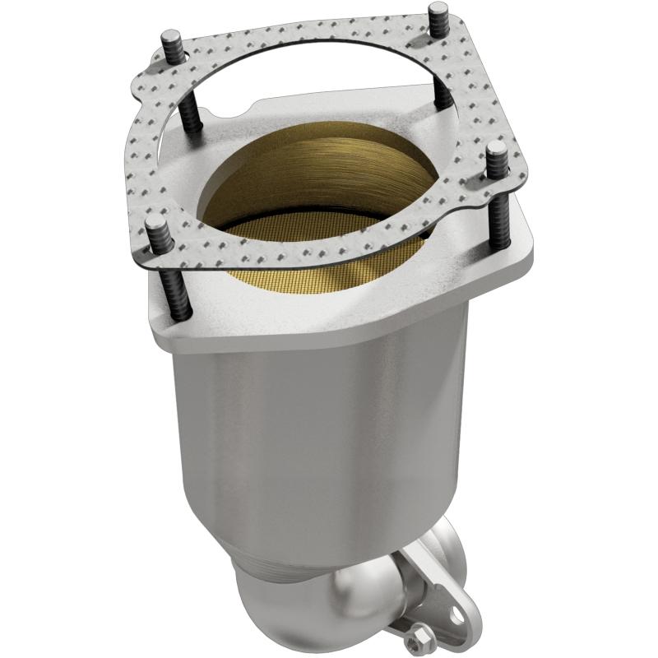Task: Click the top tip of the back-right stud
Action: pyautogui.click(x=438, y=11)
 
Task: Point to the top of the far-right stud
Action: pyautogui.click(x=497, y=149)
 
